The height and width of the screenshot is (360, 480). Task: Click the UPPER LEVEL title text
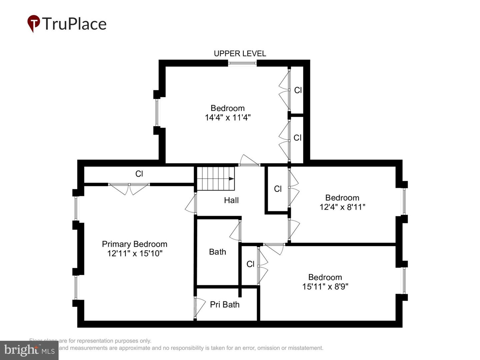(240, 54)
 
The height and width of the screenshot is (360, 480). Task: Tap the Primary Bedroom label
(134, 244)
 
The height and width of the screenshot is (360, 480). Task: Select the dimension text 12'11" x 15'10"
(135, 253)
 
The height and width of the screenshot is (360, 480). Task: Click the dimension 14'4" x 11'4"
(228, 117)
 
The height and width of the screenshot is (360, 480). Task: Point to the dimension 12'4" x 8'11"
(342, 207)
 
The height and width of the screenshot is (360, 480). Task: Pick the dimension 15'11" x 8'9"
(325, 287)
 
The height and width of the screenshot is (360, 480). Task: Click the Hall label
(231, 200)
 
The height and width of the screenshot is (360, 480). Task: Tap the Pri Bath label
(225, 305)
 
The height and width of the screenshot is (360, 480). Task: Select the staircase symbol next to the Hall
(215, 178)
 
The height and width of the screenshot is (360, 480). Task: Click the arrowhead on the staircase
(231, 179)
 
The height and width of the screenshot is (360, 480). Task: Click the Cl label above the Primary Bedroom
(139, 174)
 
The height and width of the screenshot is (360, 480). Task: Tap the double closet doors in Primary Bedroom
(129, 189)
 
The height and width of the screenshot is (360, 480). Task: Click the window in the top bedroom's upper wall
(242, 63)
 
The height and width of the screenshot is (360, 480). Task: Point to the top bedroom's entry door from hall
(249, 161)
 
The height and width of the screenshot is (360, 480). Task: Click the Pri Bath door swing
(199, 307)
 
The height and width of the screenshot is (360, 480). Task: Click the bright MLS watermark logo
(29, 350)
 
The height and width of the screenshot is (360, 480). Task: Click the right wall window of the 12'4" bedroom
(404, 201)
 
